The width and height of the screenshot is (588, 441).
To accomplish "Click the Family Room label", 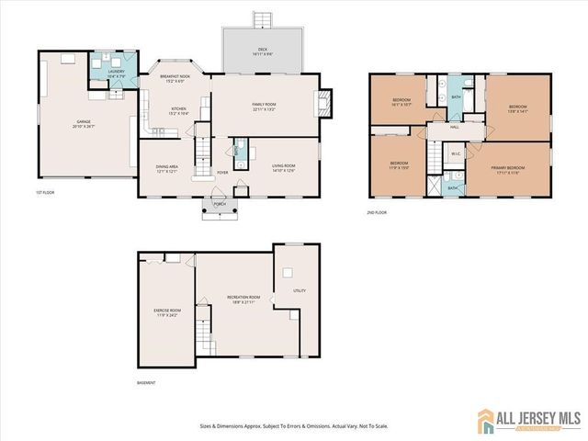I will point(265,107).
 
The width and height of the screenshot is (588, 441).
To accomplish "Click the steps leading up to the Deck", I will point(262,18).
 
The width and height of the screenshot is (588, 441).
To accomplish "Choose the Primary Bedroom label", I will point(511,169).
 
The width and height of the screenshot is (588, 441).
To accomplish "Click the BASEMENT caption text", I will point(147,382).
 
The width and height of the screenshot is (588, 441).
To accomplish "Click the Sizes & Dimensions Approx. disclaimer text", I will point(293,425).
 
